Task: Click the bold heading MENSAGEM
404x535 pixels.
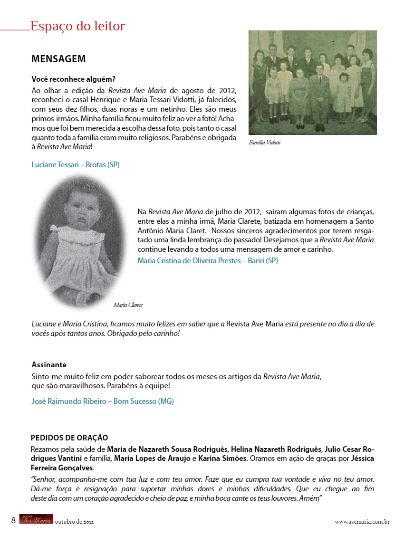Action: click(58, 59)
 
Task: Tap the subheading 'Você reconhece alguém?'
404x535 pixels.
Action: click(74, 79)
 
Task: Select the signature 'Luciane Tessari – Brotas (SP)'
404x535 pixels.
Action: click(76, 165)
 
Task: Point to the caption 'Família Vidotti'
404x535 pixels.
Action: click(265, 142)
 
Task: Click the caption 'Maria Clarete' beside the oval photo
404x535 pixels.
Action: click(128, 305)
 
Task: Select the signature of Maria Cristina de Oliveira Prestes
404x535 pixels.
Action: click(208, 261)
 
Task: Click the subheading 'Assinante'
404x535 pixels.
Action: click(49, 365)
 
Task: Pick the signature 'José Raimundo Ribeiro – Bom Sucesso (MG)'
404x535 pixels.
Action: click(103, 401)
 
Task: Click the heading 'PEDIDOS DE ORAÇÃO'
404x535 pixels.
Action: click(69, 438)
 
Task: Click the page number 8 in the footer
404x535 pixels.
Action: click(13, 520)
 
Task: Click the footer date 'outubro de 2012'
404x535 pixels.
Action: click(74, 522)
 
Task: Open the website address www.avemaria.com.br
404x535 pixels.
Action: click(362, 522)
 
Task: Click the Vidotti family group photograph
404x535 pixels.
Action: click(312, 83)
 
